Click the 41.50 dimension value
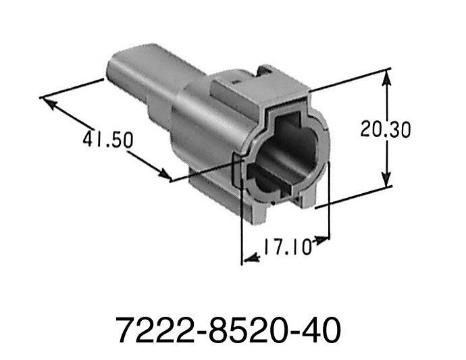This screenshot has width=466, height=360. click(x=108, y=140)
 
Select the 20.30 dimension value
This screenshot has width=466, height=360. click(x=385, y=129)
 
